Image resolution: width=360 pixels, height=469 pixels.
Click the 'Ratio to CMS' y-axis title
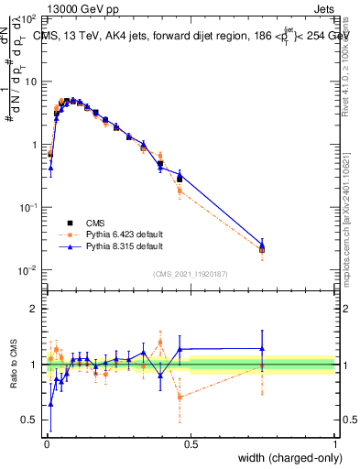pos(12,365)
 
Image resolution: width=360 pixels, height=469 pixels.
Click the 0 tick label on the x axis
pos(45,444)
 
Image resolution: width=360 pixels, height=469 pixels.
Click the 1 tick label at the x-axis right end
pos(334,444)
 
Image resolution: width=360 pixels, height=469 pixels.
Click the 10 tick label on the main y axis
pos(27,82)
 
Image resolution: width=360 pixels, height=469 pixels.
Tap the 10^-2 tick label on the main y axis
pos(26,270)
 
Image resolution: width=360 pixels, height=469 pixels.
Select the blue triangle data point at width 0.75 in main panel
pos(262,245)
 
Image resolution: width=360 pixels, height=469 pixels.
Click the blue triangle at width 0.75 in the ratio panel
pos(262,348)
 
